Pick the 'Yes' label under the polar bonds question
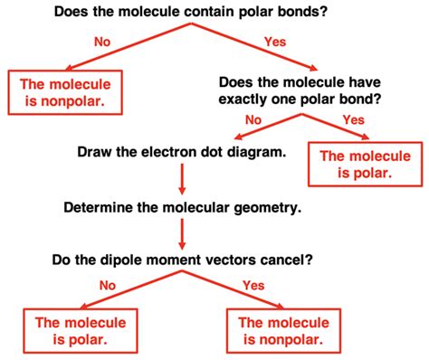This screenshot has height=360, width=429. click(x=274, y=42)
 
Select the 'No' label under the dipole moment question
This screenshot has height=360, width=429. click(x=107, y=287)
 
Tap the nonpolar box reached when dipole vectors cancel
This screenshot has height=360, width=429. click(x=284, y=330)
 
